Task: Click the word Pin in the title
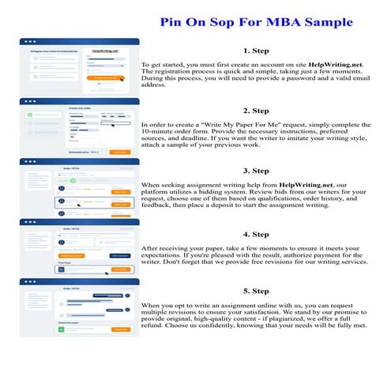click(175, 21)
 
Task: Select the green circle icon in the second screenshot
click(31, 115)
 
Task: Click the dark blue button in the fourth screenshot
click(119, 255)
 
